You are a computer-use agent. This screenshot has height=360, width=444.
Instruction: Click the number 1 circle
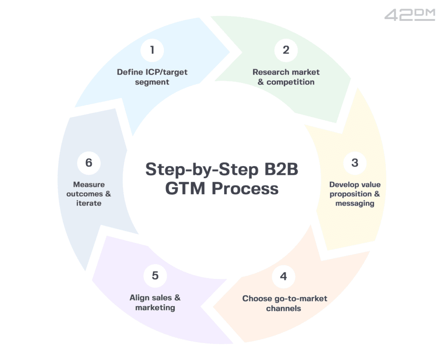coord(152,50)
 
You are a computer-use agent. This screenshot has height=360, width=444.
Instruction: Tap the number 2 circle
coord(286,50)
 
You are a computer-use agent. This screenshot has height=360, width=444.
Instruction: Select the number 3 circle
coord(355,163)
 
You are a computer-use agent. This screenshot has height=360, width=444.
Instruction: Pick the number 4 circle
coord(284,276)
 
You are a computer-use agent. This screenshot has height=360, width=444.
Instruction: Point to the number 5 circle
coord(155,275)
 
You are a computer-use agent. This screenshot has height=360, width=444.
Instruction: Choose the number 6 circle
coord(89,163)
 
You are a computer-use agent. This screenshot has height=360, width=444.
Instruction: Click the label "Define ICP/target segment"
coord(152,77)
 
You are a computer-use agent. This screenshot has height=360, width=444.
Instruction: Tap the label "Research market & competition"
coord(286,77)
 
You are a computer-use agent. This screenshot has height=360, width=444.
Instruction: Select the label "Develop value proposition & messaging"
coord(355,194)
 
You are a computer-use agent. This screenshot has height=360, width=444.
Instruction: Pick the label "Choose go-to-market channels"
coord(284,303)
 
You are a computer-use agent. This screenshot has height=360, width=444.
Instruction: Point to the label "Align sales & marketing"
coord(155,302)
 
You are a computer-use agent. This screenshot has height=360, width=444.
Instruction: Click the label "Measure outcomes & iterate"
coord(89,193)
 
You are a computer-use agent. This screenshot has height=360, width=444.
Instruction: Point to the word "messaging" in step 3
coord(355,203)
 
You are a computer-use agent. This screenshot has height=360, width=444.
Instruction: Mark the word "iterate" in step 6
coord(89,203)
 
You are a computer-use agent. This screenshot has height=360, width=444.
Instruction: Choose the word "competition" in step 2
coord(291,82)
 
